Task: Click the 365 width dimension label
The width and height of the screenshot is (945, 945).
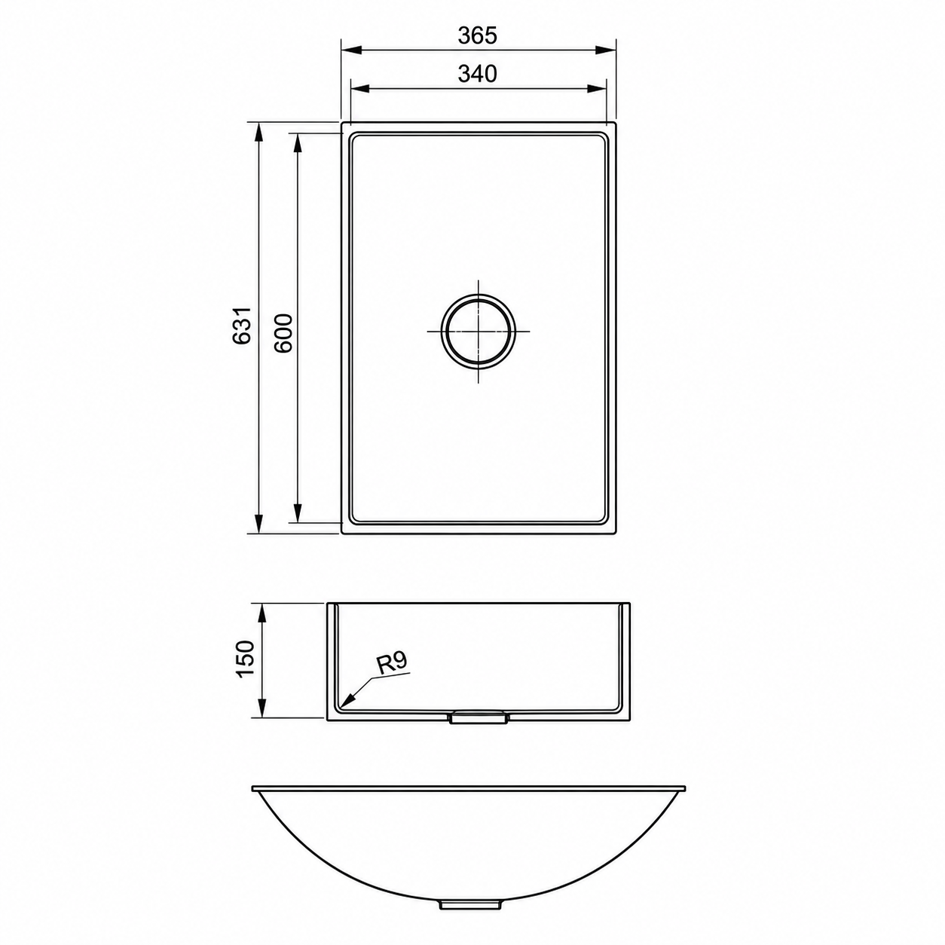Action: click(478, 35)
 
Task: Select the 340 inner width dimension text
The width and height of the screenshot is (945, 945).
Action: click(478, 74)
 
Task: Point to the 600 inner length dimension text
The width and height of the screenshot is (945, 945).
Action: click(283, 333)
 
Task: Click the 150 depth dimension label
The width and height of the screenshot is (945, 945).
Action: click(245, 659)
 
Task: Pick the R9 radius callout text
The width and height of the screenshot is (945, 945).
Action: click(392, 663)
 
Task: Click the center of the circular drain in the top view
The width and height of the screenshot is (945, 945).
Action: click(478, 331)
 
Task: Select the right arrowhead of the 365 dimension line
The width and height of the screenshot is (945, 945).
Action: click(606, 50)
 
